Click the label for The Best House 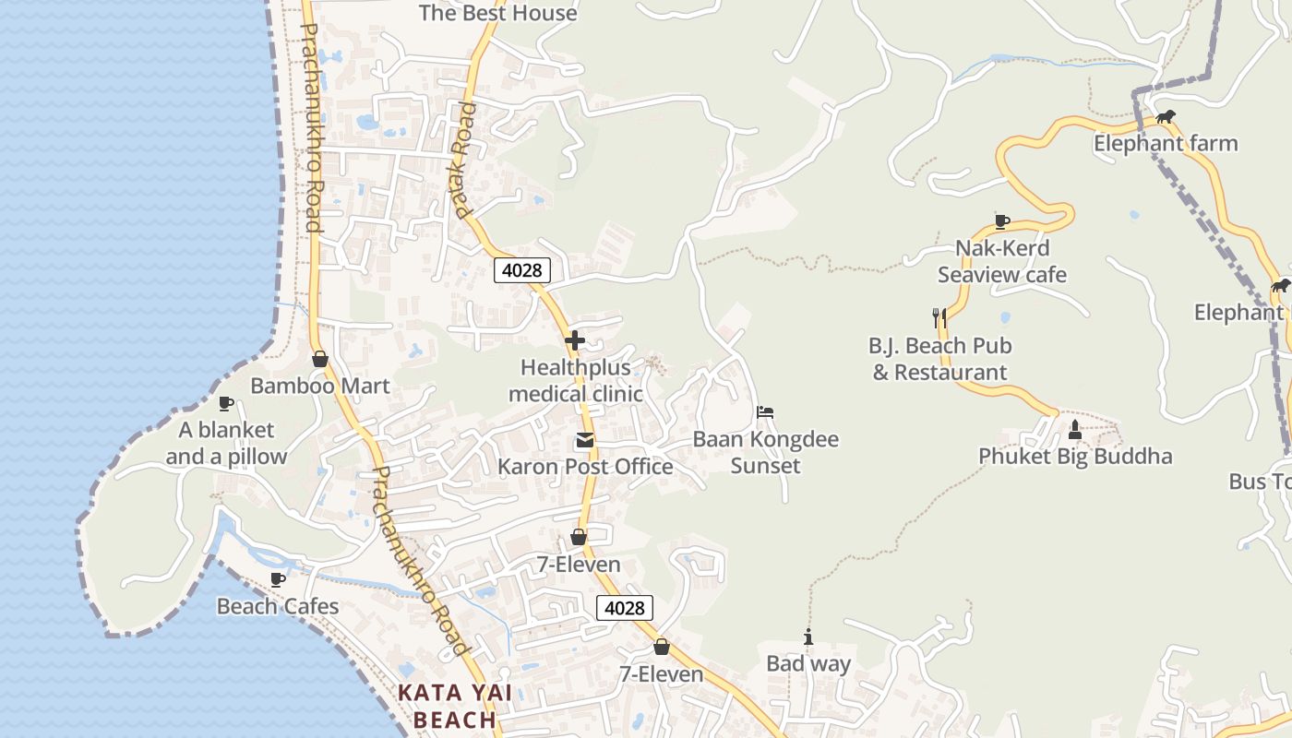click(497, 13)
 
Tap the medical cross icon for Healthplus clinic click(575, 340)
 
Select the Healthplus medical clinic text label click(576, 381)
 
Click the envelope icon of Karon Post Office click(585, 440)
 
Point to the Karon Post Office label click(585, 467)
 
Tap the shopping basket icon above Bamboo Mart click(320, 359)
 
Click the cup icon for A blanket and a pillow click(225, 403)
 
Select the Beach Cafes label click(278, 607)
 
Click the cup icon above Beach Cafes click(277, 579)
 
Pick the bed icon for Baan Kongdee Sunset click(765, 412)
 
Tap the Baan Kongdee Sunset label click(766, 452)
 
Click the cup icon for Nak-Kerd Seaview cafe click(1002, 221)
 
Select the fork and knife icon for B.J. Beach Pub click(939, 318)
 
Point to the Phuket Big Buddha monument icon click(1074, 429)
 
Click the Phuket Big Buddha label click(1075, 457)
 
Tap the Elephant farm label click(1166, 144)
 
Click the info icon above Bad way click(808, 637)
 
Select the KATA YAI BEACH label click(454, 707)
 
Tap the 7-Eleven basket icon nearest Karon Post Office click(579, 537)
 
